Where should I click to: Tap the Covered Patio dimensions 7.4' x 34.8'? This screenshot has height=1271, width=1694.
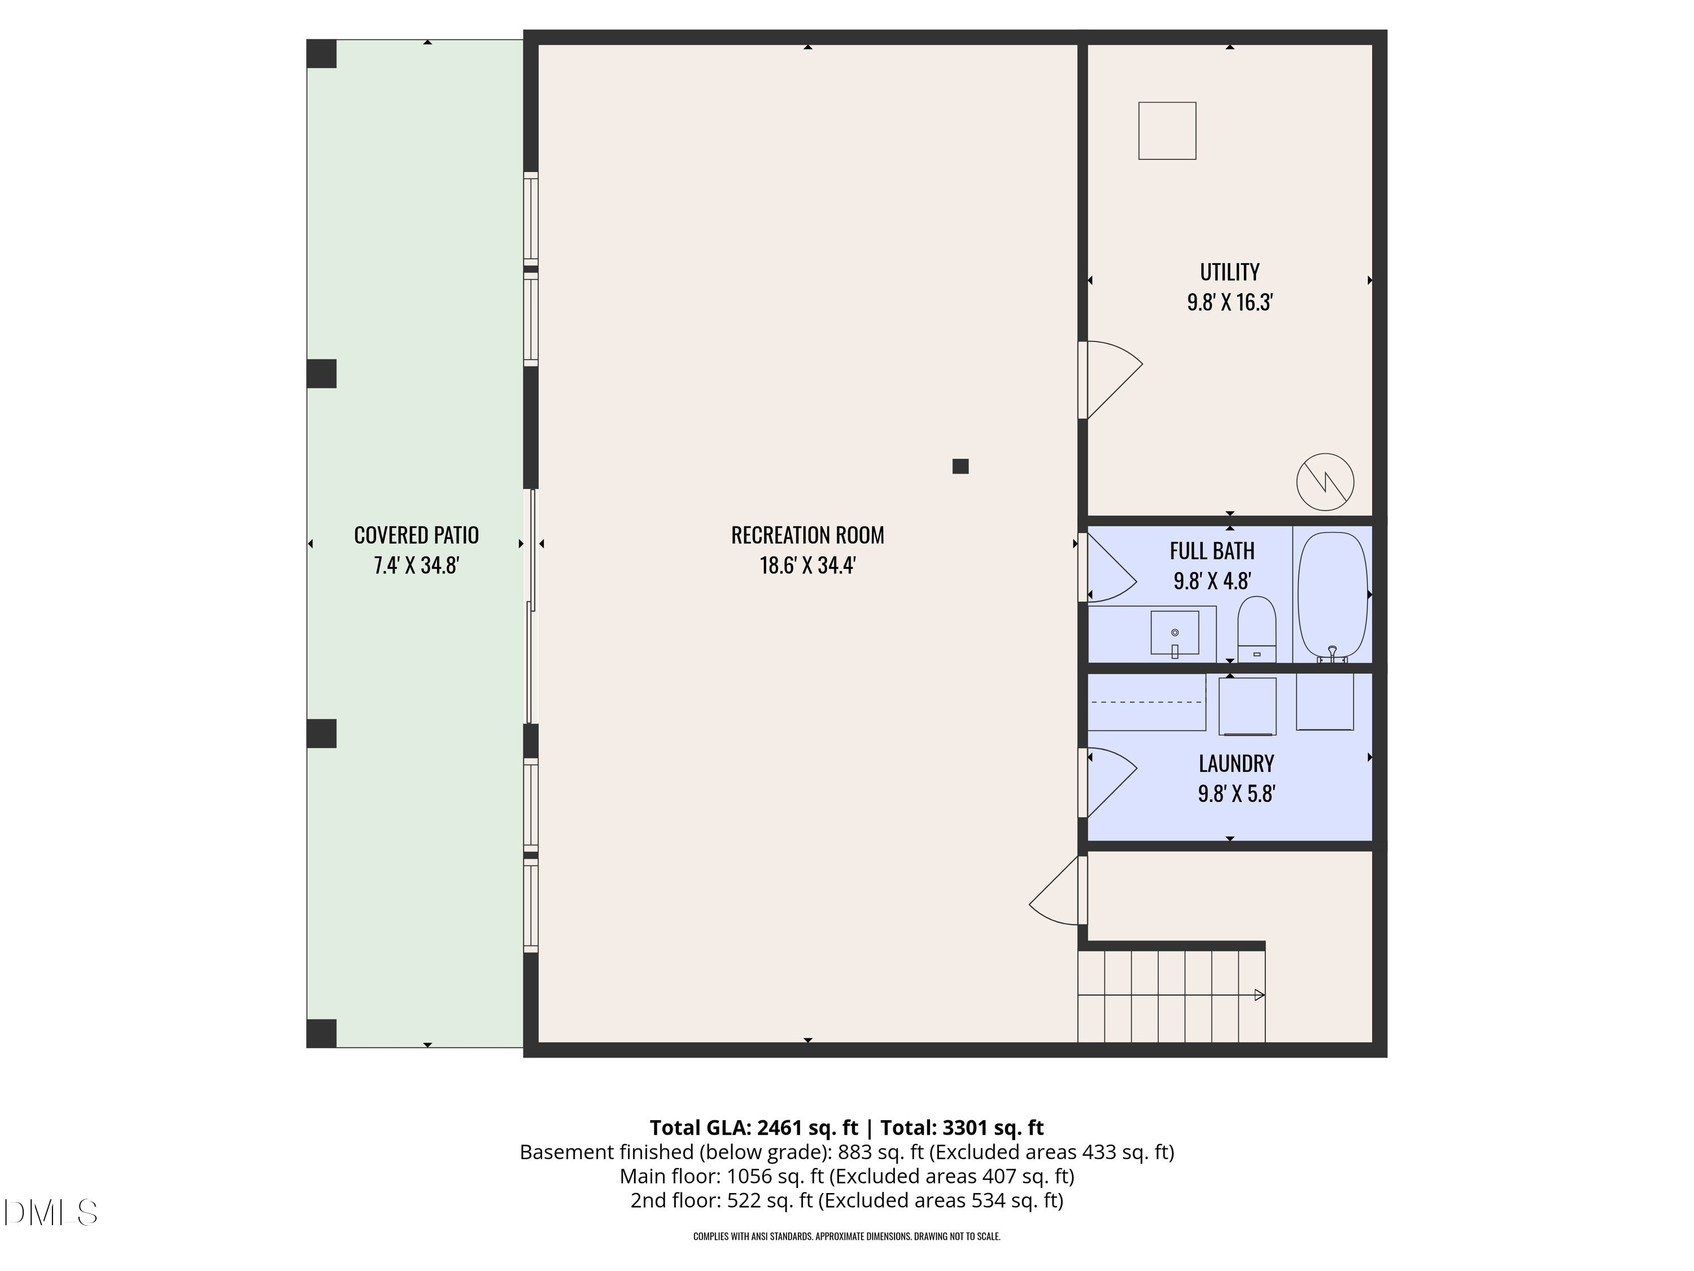click(416, 565)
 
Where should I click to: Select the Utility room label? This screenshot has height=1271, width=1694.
click(1229, 272)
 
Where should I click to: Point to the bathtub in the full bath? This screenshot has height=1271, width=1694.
click(1333, 596)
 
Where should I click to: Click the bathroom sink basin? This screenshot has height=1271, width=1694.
click(1175, 633)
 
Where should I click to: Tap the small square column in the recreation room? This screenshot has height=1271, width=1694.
click(960, 466)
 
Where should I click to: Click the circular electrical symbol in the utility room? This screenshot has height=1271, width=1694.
click(1325, 482)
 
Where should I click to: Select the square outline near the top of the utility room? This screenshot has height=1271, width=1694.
click(1167, 131)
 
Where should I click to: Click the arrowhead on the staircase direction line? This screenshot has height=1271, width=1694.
click(1259, 995)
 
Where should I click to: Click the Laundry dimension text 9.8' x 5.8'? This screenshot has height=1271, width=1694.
click(1236, 794)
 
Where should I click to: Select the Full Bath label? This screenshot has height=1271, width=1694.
click(1212, 551)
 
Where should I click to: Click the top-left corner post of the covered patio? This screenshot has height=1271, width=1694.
click(322, 54)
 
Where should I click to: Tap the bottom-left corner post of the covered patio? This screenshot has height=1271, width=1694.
click(322, 1034)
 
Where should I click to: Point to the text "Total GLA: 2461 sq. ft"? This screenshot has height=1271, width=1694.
click(754, 1128)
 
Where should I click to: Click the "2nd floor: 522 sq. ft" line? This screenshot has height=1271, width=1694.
click(722, 1200)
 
